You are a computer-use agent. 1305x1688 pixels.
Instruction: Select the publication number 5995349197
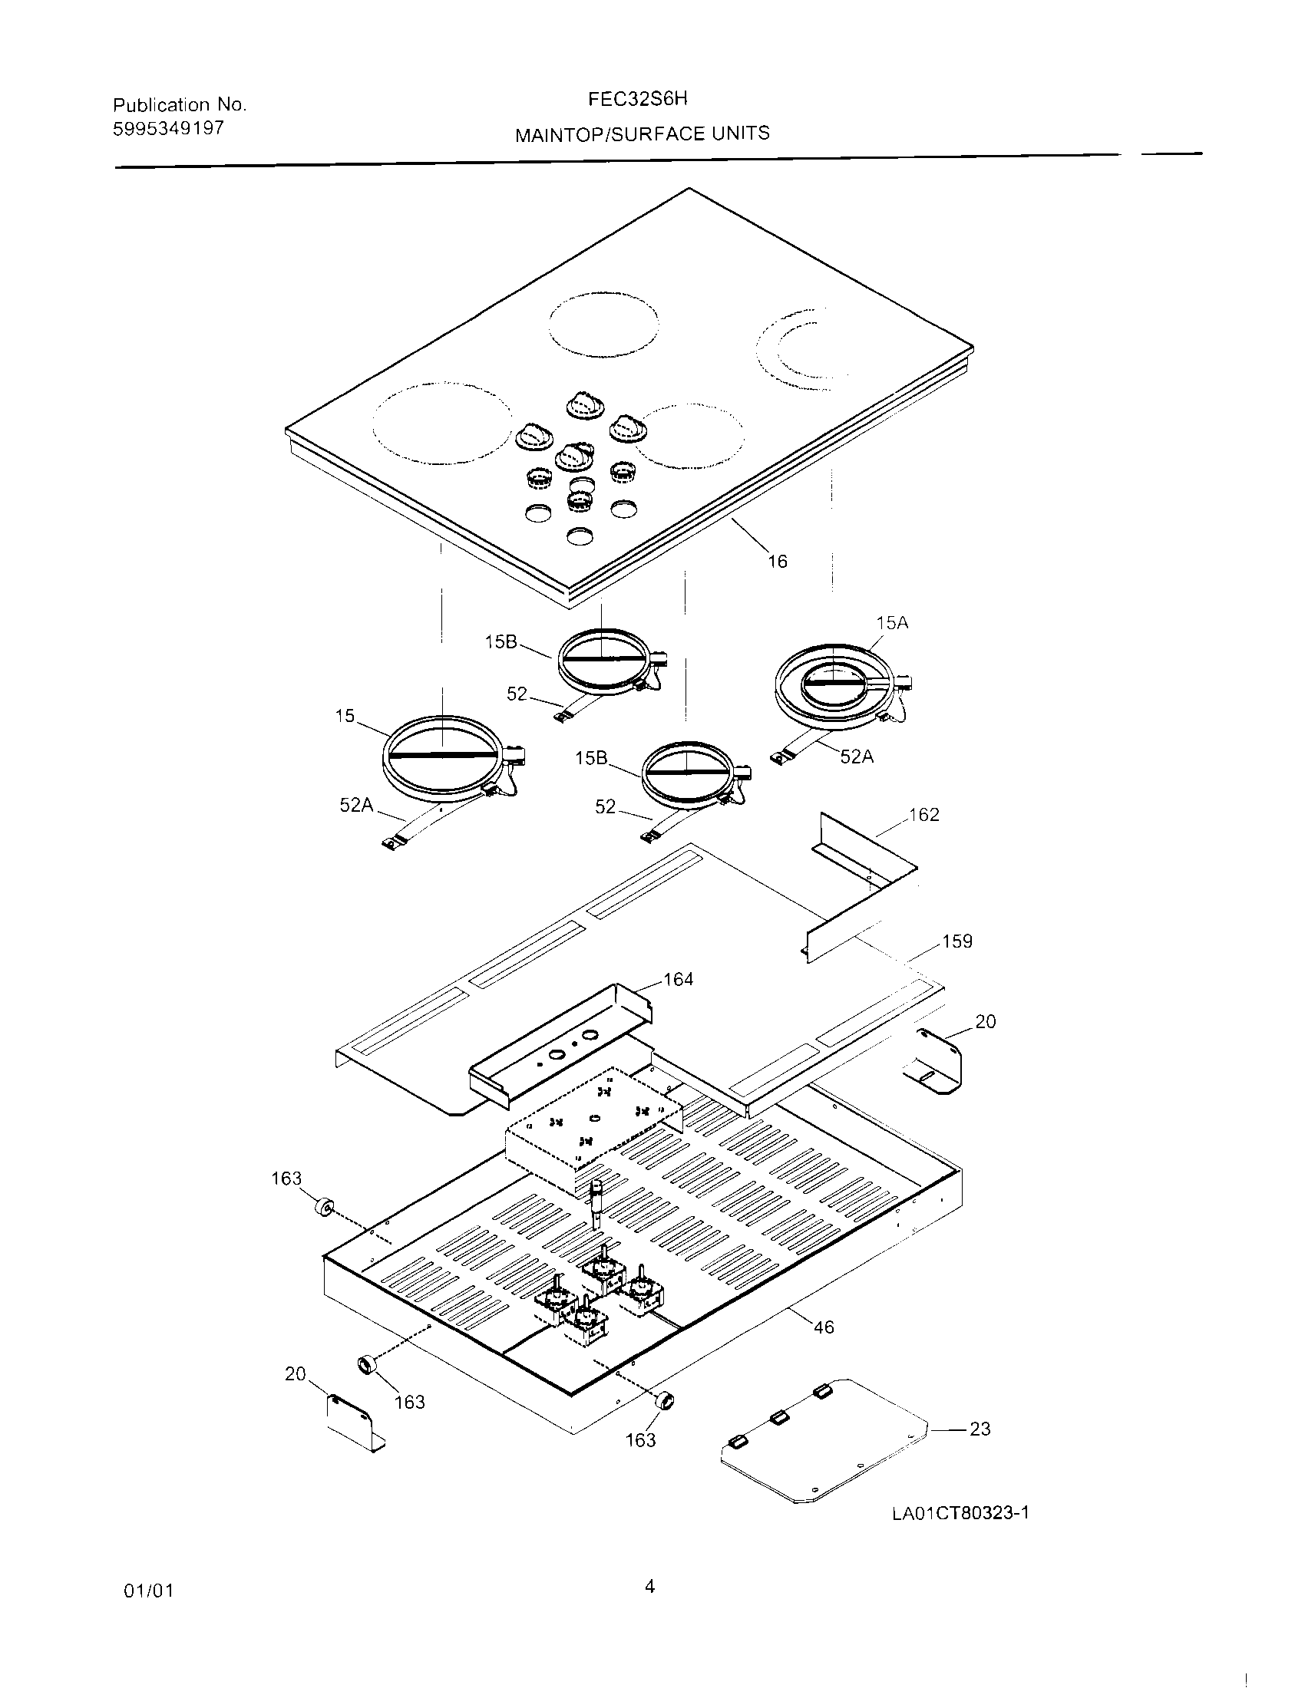[x=169, y=128]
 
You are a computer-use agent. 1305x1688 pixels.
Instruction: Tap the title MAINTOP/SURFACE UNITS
[x=643, y=134]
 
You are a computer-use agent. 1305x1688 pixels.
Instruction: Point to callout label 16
[x=777, y=562]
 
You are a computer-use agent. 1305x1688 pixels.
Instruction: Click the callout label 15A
[x=892, y=623]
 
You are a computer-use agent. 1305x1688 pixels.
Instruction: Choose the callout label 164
[x=678, y=979]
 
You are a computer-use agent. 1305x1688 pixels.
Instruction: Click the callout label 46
[x=824, y=1327]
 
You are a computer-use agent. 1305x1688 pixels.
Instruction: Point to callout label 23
[x=980, y=1429]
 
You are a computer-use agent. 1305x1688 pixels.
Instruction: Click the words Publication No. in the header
[x=180, y=104]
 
